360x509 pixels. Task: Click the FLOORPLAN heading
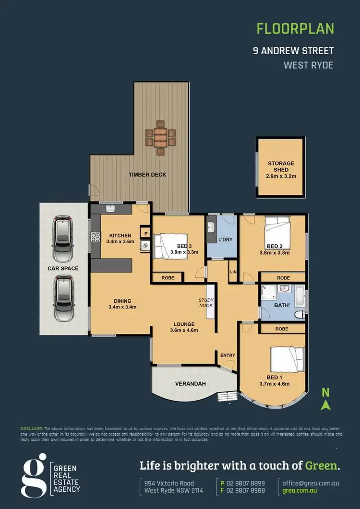pos(295,29)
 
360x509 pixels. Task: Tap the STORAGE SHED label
pos(281,166)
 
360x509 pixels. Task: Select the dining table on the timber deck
pos(160,137)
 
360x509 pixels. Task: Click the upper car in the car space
pos(63,236)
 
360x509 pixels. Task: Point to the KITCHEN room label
pos(120,236)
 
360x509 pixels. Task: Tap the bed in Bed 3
pos(168,245)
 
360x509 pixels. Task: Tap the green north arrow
pos(326,405)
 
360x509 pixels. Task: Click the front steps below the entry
pos(225,396)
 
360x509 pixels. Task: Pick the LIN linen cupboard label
pos(233,272)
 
